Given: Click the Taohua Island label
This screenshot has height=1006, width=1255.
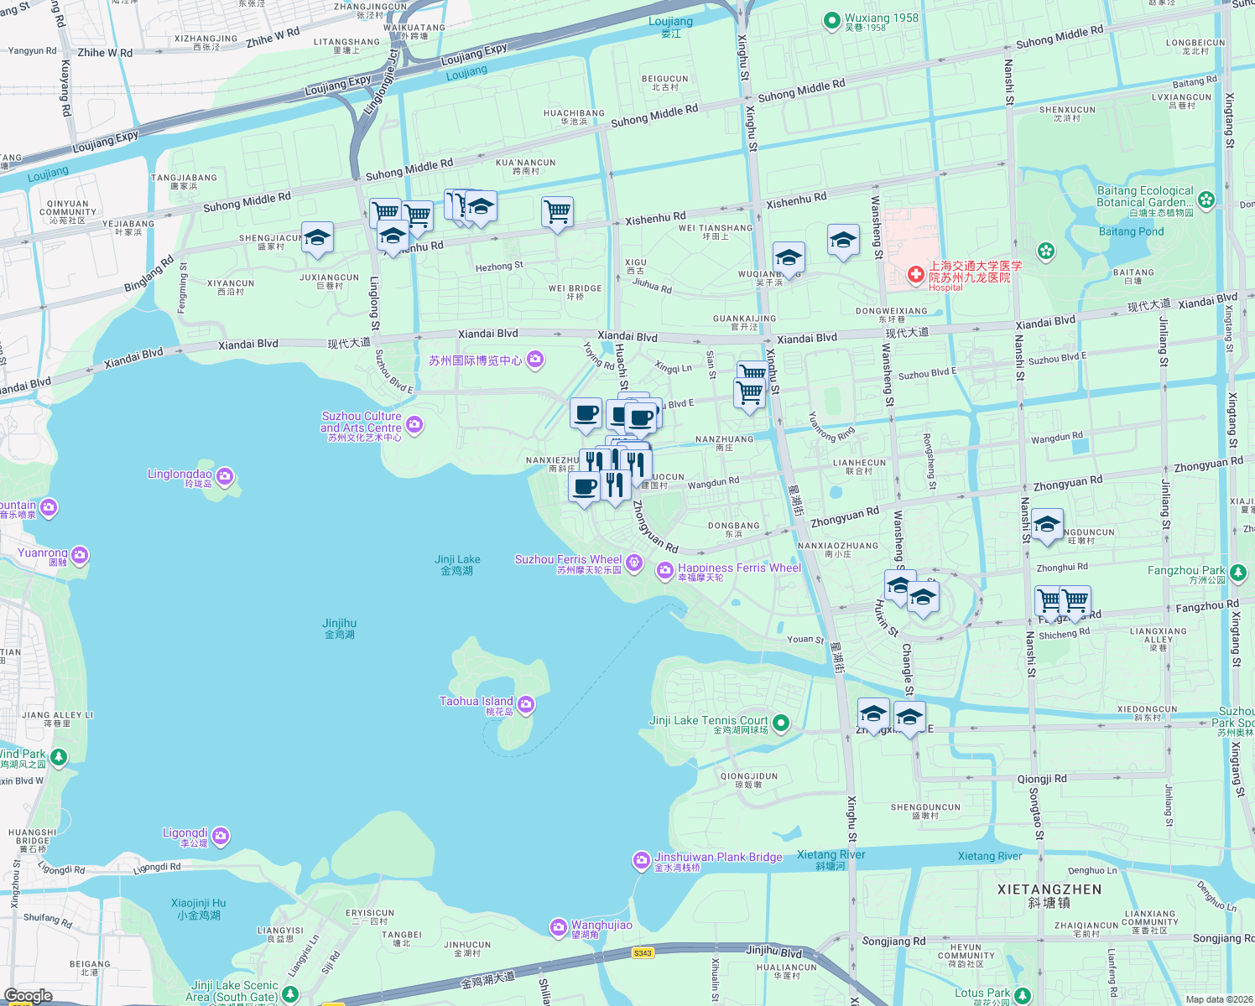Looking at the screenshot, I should tap(476, 702).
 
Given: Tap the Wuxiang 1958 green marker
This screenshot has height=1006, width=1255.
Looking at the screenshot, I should tap(831, 21).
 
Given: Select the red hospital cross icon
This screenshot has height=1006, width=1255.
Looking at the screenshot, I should tap(915, 274).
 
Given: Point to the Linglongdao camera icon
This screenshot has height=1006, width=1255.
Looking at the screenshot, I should tap(224, 477).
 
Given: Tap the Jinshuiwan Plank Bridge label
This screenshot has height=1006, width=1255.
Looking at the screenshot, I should tap(718, 857).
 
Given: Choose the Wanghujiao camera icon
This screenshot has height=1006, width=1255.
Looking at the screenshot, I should tap(559, 927).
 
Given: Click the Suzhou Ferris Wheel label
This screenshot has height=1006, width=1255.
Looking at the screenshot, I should tap(568, 559).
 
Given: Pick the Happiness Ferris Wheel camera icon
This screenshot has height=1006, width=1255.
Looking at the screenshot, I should tap(665, 571).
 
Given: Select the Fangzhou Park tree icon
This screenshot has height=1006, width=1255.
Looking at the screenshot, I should tap(1238, 573).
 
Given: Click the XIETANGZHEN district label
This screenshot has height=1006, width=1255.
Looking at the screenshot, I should tap(1049, 889).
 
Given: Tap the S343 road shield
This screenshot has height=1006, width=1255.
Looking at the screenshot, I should tap(643, 953).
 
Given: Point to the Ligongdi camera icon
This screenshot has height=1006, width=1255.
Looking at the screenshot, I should tap(221, 836).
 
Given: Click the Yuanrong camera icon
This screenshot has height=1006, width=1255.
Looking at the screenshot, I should tap(80, 555).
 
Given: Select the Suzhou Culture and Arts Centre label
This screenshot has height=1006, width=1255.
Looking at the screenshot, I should tap(361, 422).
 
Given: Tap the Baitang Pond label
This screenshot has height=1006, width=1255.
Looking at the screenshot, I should tap(1131, 231).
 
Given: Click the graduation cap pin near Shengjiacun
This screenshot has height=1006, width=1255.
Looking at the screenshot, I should tap(317, 238).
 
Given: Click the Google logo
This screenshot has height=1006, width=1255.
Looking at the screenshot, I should tap(28, 996).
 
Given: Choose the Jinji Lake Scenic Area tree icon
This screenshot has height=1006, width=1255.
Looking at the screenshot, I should tap(290, 993).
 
